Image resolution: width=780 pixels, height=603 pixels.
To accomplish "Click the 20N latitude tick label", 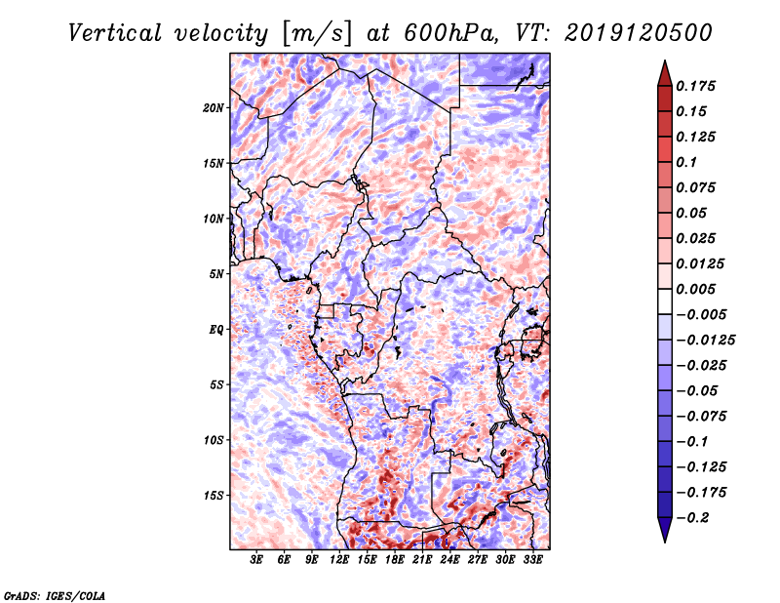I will click(x=214, y=107).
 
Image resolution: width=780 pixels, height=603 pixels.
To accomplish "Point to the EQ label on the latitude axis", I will click(x=215, y=329).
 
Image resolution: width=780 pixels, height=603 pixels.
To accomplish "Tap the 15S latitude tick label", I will click(x=214, y=495).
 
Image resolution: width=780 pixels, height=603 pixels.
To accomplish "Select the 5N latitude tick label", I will click(x=216, y=273).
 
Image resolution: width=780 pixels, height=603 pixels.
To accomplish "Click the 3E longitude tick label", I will click(x=256, y=560).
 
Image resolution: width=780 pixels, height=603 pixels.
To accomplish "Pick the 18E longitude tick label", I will click(x=395, y=560).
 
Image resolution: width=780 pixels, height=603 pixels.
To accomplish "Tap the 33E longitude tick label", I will click(x=532, y=560).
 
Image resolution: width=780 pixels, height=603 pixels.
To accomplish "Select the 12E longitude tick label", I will click(x=339, y=560).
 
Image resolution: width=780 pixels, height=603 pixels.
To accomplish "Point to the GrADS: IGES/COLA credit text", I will click(x=54, y=594).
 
